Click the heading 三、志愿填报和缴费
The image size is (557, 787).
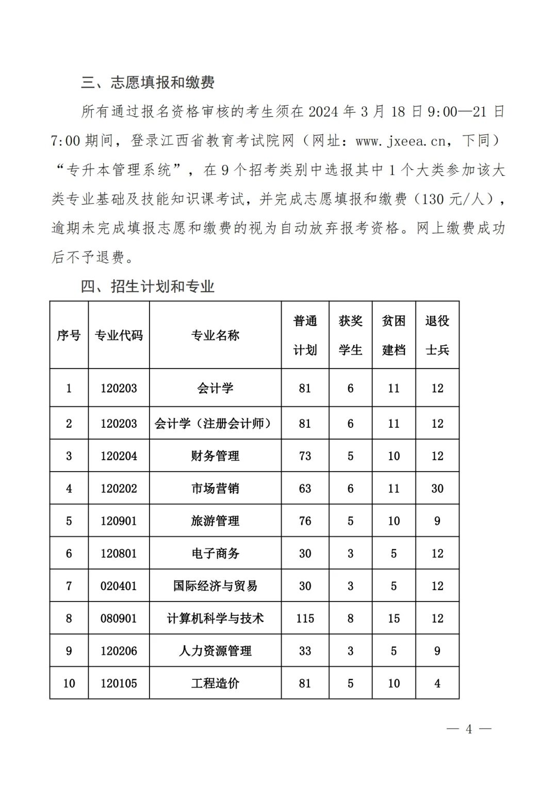tap(148, 82)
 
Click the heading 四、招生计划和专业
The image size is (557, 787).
tap(148, 287)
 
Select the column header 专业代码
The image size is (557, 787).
tap(119, 336)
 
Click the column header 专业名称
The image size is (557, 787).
tap(215, 336)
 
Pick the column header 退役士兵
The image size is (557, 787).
tap(437, 336)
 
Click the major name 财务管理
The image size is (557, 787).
tap(215, 456)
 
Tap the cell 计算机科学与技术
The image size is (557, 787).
tap(215, 618)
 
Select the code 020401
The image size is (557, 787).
tap(119, 586)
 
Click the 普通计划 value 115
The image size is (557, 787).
tap(305, 618)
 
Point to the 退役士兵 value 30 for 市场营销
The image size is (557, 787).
tap(437, 489)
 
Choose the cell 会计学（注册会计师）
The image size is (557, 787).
tap(215, 424)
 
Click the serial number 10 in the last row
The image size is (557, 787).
tap(69, 683)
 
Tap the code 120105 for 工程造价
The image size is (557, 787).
tap(119, 683)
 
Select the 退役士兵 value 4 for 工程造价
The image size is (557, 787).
tap(437, 683)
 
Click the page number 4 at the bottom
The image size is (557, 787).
tap(468, 729)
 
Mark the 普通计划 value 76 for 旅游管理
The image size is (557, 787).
tap(305, 521)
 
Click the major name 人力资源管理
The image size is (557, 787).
tap(215, 651)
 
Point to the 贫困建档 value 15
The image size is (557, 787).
tap(394, 618)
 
